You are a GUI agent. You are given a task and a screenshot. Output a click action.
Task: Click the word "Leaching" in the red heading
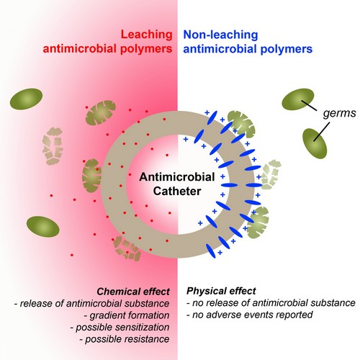tap(146, 35)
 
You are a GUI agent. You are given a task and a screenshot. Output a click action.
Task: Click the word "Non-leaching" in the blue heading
tap(220, 35)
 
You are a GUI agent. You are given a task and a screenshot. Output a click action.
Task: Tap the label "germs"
tap(339, 113)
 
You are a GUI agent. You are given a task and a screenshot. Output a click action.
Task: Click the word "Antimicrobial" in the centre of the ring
tap(177, 177)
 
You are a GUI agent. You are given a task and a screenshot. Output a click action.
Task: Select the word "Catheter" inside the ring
tap(177, 191)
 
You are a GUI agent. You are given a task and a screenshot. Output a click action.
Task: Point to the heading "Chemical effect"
tap(133, 292)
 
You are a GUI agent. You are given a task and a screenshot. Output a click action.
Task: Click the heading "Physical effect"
tap(221, 291)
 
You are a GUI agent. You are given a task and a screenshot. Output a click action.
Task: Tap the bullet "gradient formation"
tap(127, 315)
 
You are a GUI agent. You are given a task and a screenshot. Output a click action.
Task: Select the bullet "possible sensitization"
tap(120, 328)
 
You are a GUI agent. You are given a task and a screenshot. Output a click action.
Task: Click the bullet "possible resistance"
tap(125, 339)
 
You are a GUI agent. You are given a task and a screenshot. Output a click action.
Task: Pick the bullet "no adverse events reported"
tap(250, 315)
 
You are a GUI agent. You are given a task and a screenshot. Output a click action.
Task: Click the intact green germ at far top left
tap(26, 99)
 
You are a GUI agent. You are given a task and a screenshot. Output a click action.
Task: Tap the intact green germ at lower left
tap(43, 227)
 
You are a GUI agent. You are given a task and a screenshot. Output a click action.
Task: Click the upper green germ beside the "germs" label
tap(298, 99)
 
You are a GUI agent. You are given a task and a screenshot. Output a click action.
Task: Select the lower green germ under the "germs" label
tap(315, 143)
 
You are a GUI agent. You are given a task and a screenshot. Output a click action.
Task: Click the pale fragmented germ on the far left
tap(53, 146)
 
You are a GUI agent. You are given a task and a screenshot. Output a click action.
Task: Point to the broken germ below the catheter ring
tap(127, 248)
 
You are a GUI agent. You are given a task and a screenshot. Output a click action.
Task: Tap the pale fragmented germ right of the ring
tap(271, 174)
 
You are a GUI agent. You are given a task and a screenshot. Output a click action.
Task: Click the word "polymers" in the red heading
tap(146, 49)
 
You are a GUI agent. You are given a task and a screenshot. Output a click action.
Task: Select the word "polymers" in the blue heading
tap(287, 49)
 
